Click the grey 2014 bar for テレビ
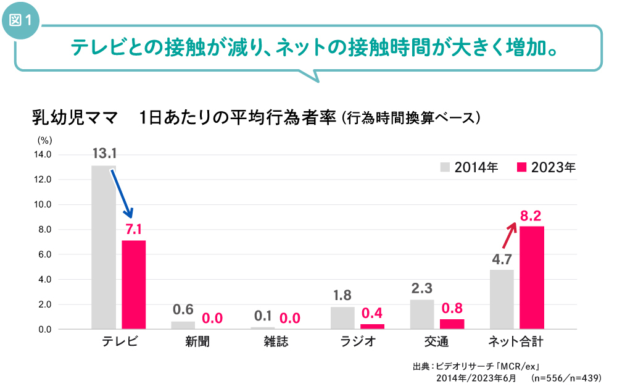coord(103,247)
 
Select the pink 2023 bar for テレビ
coord(133,285)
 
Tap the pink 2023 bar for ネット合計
coord(531,278)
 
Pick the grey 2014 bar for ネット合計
coord(502,299)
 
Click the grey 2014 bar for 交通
coord(422,314)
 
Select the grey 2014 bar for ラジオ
coord(342,317)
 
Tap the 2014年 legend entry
coord(470,167)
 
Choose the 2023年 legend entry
coord(546,167)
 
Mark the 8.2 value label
coord(531,215)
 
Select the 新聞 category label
coord(197,341)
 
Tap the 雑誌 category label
coord(275,341)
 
